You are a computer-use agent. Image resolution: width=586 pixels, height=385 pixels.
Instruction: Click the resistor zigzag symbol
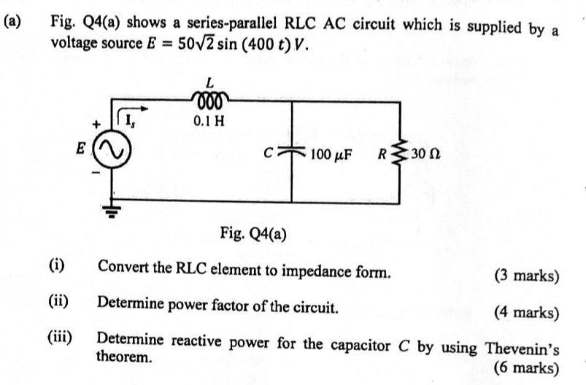pyautogui.click(x=398, y=154)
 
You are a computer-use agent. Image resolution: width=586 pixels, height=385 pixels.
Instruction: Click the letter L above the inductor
pyautogui.click(x=210, y=82)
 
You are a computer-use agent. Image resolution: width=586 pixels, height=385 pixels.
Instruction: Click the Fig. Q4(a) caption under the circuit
pyautogui.click(x=252, y=234)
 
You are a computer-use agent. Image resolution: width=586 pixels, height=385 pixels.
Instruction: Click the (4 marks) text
pyautogui.click(x=526, y=314)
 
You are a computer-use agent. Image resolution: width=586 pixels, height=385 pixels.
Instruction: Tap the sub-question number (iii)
pyautogui.click(x=60, y=338)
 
